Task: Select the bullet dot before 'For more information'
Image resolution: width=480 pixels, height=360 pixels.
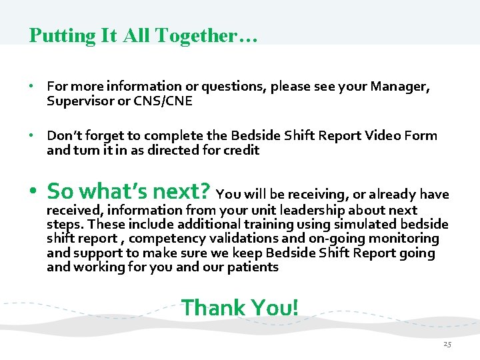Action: (31, 87)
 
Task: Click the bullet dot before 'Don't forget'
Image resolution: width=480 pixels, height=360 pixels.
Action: (31, 136)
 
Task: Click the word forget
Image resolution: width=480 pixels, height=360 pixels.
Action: (101, 136)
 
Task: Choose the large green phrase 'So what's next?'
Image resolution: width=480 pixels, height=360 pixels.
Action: (129, 192)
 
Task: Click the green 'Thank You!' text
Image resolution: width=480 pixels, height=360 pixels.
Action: (240, 308)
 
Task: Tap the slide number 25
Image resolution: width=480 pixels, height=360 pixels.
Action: (447, 345)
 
